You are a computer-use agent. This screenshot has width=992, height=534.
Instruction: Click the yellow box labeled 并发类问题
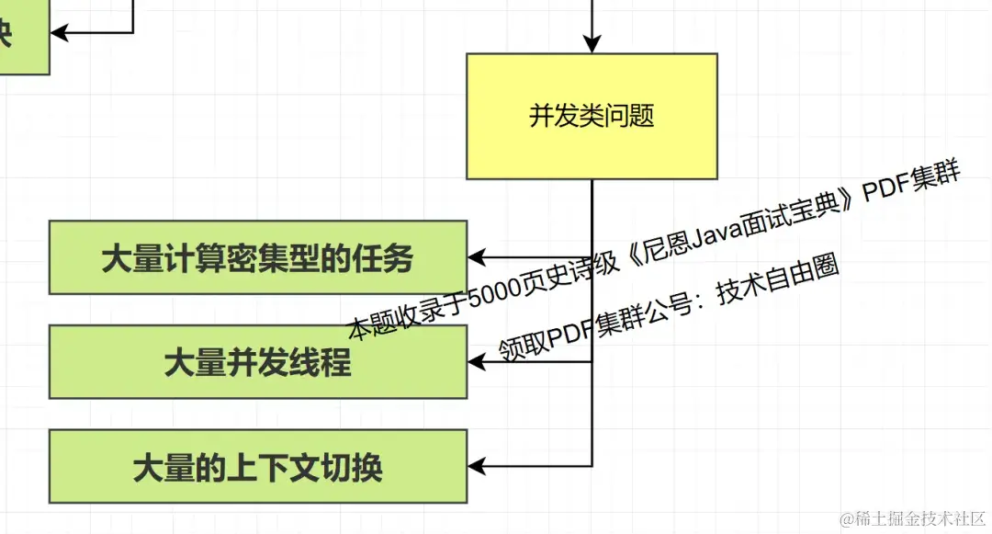[592, 116]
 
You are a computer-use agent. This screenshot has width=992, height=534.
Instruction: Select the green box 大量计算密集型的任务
[257, 258]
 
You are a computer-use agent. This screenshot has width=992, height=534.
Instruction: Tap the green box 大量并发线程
[257, 362]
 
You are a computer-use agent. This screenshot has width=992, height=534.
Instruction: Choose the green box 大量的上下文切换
[257, 467]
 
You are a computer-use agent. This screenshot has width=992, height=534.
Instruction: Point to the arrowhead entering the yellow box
[592, 44]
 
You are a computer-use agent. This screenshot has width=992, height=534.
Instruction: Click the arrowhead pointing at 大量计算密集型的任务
[477, 257]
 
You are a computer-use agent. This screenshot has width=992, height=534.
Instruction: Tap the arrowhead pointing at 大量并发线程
[477, 362]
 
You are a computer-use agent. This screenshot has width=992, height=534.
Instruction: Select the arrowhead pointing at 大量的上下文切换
[477, 467]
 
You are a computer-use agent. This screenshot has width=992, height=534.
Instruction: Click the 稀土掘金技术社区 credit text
[919, 517]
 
